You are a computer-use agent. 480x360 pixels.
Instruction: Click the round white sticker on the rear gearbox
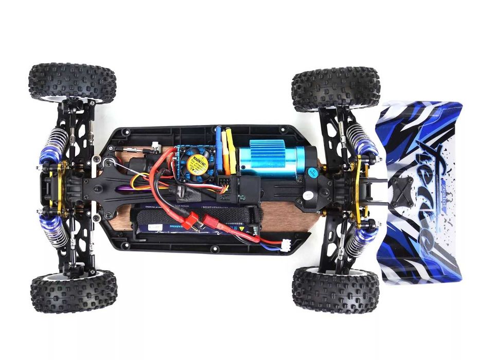pyautogui.click(x=308, y=195)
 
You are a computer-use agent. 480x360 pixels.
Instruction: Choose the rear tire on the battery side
pyautogui.click(x=335, y=289)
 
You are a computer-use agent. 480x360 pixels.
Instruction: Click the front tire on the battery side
pyautogui.click(x=73, y=292)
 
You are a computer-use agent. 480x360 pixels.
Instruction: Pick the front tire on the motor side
pyautogui.click(x=72, y=82)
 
